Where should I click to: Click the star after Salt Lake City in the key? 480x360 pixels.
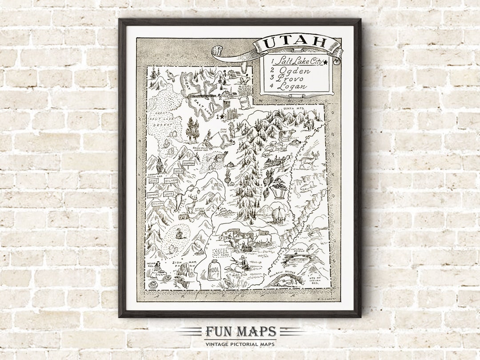326,62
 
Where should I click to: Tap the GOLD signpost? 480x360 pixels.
179,171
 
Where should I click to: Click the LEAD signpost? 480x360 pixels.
169,194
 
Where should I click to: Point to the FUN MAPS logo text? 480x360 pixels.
240,332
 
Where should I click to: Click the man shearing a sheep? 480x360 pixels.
243,263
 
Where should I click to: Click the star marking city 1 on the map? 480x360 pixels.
222,116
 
